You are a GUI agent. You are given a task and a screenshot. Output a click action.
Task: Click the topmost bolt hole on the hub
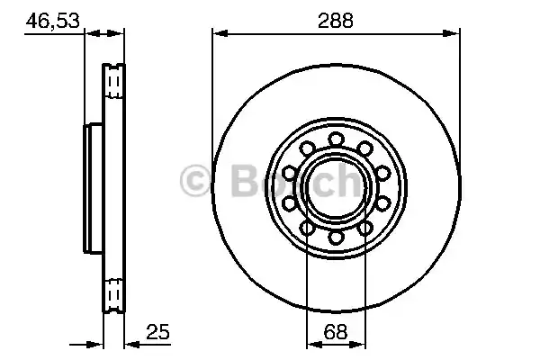[x=337, y=138]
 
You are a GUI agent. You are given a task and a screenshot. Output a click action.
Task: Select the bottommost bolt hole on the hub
[x=337, y=237]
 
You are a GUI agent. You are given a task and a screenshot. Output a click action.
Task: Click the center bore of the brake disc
[x=337, y=187]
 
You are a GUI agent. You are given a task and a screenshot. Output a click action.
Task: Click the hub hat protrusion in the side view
[x=92, y=187]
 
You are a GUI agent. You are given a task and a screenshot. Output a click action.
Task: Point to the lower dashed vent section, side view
[x=113, y=292]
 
